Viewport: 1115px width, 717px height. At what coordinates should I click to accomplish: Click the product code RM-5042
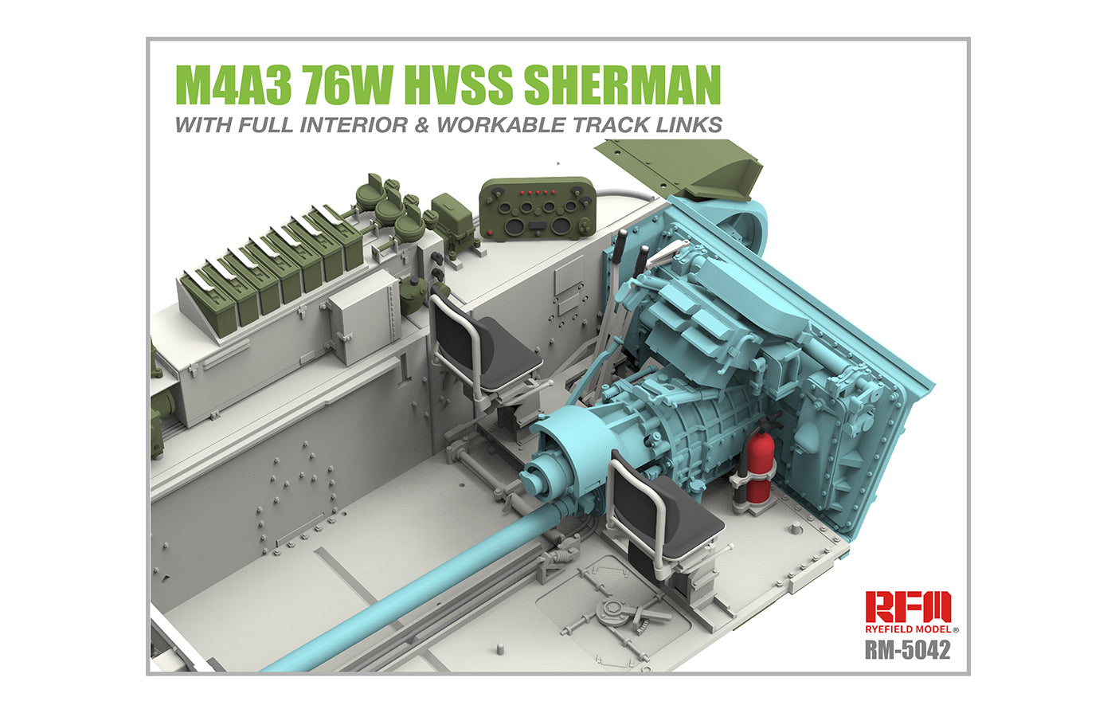pyautogui.click(x=907, y=650)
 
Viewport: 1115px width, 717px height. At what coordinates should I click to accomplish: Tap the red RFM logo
pyautogui.click(x=907, y=607)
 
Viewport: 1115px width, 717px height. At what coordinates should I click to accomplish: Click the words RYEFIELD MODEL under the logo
pyautogui.click(x=907, y=629)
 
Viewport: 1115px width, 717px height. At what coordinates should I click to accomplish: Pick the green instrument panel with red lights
pyautogui.click(x=537, y=208)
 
